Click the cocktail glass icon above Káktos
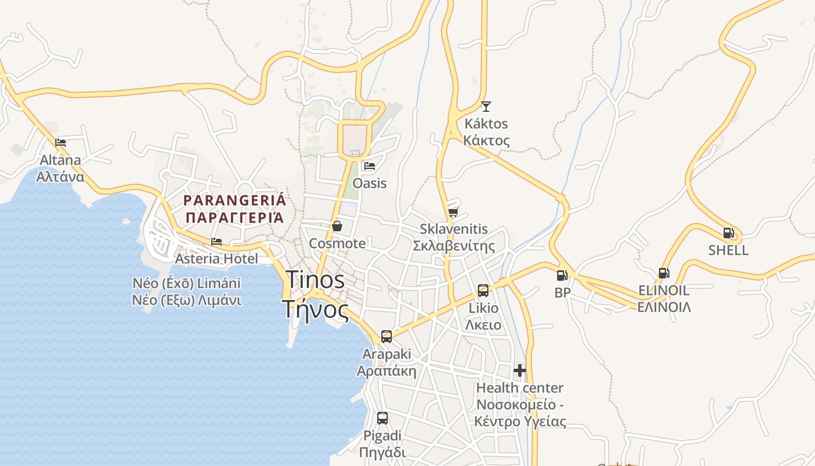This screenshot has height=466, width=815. coord(486,106)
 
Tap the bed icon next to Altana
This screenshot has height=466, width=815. coord(61,142)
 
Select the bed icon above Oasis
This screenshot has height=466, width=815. coord(370,166)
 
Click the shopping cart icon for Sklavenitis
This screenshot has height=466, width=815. coord(453,212)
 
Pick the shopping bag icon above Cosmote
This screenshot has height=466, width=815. coord(337,226)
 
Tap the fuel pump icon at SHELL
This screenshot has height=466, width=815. coord(728,233)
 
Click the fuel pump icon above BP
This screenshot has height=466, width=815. coord(562,276)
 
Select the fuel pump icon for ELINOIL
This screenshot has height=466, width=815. coord(664,273)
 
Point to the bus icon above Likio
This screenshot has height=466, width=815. coord(483,290)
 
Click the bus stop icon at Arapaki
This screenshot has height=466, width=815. coord(387,336)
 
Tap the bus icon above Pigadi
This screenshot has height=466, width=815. coord(382,418)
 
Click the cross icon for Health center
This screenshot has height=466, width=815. coord(520,370)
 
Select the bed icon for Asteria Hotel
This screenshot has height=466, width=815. coord(217,241)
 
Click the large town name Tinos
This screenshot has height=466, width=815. coord(315,280)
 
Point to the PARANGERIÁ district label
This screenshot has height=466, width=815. coord(235,201)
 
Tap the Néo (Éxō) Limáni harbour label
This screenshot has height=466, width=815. coord(186,284)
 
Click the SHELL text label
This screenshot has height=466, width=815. coord(728,250)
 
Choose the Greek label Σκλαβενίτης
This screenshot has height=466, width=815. coord(453,246)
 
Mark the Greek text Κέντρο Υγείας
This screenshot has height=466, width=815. coord(520,422)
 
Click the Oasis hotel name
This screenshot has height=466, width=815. coord(370,183)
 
